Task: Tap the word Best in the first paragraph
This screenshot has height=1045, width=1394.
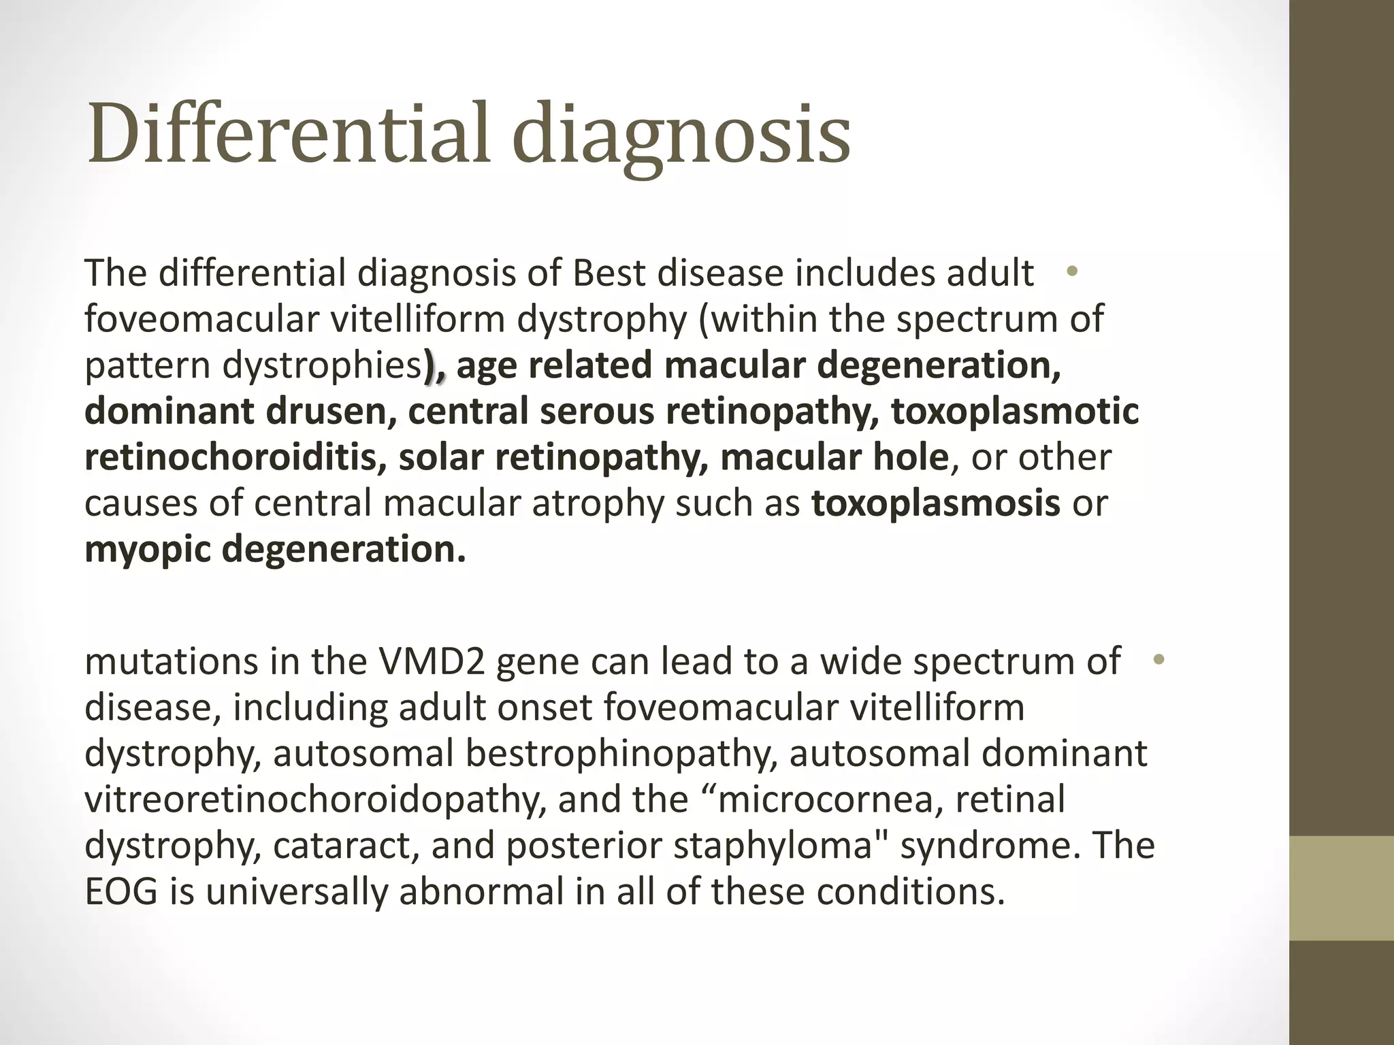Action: point(609,273)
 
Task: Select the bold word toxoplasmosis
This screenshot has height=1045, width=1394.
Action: point(936,503)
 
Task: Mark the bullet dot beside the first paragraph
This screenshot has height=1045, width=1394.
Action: point(1072,271)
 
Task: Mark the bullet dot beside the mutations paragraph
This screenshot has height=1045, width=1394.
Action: point(1158,659)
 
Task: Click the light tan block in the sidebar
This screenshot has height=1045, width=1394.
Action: point(1342,888)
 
